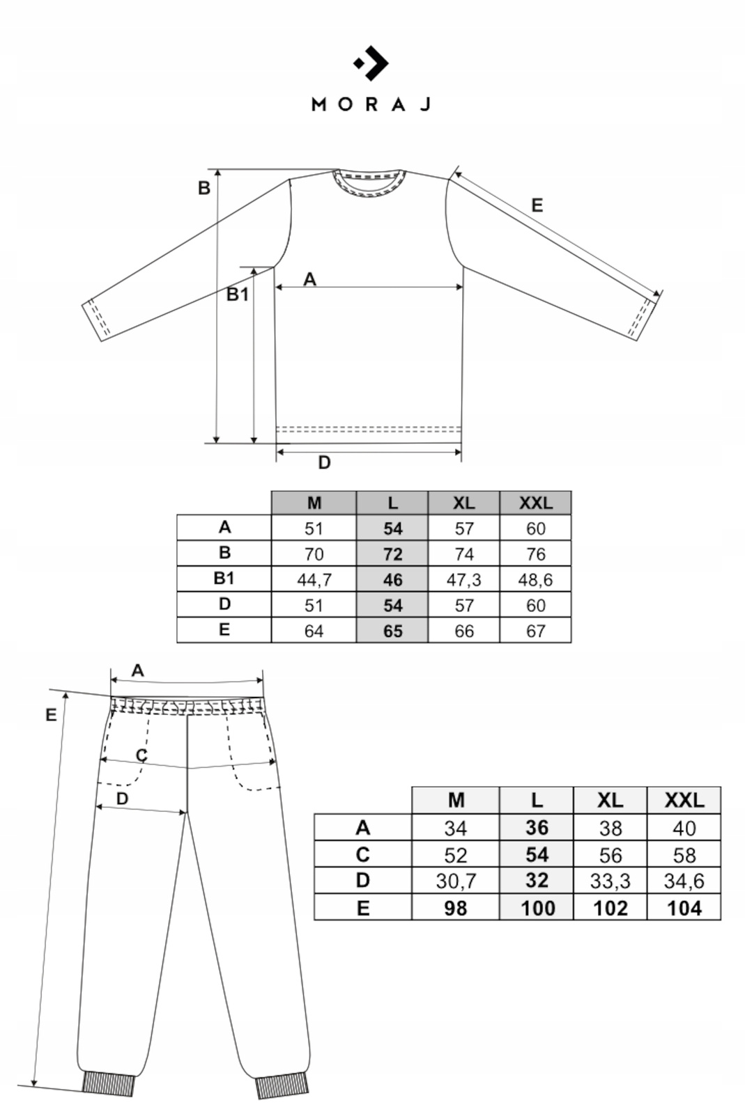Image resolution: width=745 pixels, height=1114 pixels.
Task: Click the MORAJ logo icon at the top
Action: pos(371,63)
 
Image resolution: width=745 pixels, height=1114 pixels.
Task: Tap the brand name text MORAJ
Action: pos(371,104)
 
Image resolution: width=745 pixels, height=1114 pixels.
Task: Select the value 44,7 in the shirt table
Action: pos(314,579)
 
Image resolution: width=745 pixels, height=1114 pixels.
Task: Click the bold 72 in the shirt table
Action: pos(392,554)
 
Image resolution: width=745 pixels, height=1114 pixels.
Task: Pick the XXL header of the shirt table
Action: pos(535,503)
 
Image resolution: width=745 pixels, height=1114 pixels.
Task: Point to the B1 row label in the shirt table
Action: pos(224,579)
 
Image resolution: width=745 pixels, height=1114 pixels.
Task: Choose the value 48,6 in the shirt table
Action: pos(535,579)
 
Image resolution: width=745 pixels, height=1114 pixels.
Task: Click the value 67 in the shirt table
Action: pos(535,631)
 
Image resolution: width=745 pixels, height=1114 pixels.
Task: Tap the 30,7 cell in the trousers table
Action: pos(456,881)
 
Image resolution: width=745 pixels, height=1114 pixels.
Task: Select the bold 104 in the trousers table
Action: pos(684,908)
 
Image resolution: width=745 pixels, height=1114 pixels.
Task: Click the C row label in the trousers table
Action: pos(362,855)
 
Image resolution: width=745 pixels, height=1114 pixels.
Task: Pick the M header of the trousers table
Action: pos(456,801)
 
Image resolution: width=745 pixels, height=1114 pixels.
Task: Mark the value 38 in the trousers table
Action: pos(610,829)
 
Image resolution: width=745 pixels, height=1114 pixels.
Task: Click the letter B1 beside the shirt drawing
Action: pos(237,295)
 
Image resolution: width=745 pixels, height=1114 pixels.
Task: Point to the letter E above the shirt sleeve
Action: pos(537,205)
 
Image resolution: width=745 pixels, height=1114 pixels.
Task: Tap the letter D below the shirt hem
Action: pos(324,463)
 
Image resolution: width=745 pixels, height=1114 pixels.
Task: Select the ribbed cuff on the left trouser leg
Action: pos(108,1083)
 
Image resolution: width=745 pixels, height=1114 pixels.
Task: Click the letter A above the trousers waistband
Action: pos(137,670)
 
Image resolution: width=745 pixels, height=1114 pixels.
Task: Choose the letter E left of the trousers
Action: pos(51,715)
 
